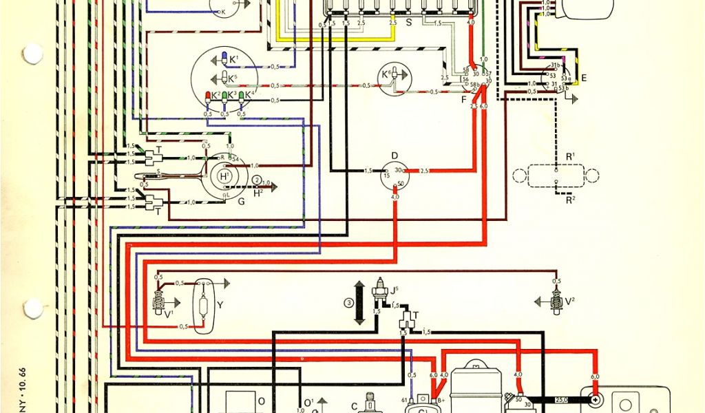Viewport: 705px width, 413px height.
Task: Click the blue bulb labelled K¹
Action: coord(224,58)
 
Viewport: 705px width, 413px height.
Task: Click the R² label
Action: coord(570,200)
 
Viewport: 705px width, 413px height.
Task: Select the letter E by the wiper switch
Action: coord(584,78)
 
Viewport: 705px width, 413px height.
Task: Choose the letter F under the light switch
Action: coord(463,100)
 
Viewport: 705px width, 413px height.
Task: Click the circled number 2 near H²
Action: coord(257,180)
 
